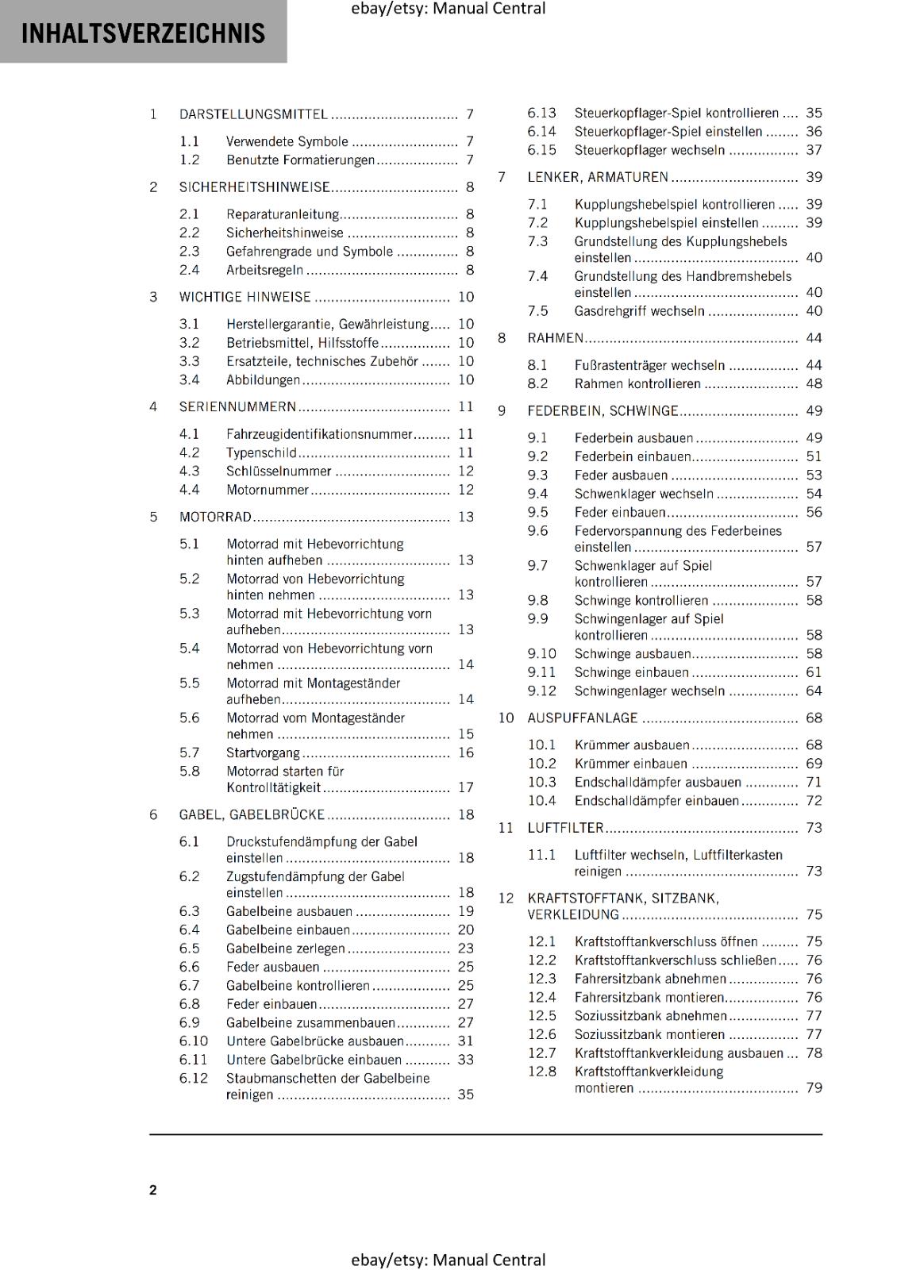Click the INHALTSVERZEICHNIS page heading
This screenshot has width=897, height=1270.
click(143, 33)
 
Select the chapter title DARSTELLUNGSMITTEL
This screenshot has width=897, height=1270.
click(253, 114)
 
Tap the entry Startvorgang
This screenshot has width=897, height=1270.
click(263, 752)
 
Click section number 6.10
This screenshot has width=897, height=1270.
click(194, 1041)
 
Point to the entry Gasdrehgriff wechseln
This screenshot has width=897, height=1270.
click(639, 311)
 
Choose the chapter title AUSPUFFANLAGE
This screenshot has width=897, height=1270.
click(583, 718)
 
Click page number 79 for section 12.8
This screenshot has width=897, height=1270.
click(814, 1087)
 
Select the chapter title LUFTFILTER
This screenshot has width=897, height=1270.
click(565, 828)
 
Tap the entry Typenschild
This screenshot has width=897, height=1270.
click(261, 452)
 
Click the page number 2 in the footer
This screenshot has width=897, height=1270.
click(153, 1190)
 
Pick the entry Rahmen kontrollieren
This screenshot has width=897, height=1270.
click(637, 383)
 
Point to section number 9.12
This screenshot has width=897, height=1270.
click(542, 691)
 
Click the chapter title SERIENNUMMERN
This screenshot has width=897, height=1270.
click(237, 407)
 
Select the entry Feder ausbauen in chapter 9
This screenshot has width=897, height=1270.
click(621, 475)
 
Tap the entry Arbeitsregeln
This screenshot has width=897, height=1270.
click(264, 270)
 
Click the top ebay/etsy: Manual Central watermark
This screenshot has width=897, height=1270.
click(448, 9)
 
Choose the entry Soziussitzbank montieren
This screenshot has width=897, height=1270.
click(649, 1034)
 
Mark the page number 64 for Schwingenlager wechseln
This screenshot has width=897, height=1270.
click(814, 691)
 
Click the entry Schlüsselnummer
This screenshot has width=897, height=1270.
click(279, 471)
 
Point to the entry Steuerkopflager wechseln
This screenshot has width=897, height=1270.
click(649, 150)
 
